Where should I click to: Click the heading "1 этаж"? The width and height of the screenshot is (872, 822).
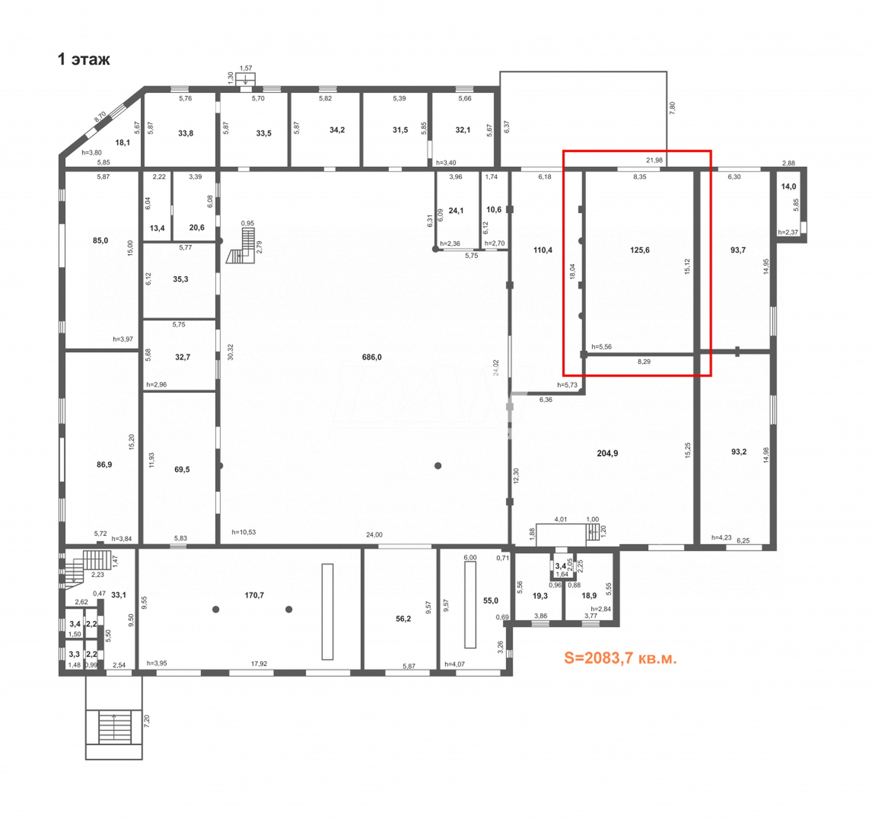tap(84, 59)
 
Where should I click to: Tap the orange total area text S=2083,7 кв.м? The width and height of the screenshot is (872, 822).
tap(620, 658)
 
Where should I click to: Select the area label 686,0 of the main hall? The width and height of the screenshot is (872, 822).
tap(371, 357)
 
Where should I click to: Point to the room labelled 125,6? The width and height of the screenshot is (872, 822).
tap(639, 250)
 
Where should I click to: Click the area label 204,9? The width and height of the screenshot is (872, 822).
tap(607, 453)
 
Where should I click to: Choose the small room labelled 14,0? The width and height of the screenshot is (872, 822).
tap(788, 187)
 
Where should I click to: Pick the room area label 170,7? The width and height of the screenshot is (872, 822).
tap(254, 595)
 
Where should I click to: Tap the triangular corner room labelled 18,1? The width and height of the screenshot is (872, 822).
tap(123, 142)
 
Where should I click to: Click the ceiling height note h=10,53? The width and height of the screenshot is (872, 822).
tap(244, 532)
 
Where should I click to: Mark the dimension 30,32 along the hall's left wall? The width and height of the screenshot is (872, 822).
tap(230, 352)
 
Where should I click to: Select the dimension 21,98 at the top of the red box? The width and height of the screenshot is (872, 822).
tap(654, 160)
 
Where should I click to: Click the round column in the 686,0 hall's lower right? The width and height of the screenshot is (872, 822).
tap(438, 466)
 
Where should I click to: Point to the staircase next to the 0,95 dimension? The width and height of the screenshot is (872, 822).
tap(242, 246)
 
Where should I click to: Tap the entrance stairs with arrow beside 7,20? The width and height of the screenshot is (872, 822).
tap(114, 727)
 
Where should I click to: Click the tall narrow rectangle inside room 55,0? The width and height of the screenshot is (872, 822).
tap(470, 605)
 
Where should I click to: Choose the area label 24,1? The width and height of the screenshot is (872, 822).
tap(456, 210)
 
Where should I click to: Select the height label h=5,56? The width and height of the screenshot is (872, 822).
tap(601, 347)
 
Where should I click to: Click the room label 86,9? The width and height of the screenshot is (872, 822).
tap(104, 464)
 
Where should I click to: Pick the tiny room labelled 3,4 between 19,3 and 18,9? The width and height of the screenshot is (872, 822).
tap(560, 566)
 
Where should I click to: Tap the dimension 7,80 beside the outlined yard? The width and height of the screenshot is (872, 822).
tap(673, 108)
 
